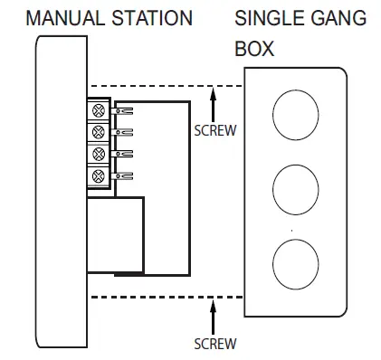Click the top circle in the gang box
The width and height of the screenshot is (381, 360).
296,113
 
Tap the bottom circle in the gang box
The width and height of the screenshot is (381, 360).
296,261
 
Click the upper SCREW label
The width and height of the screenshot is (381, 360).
215,129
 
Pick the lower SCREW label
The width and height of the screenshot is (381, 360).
215,344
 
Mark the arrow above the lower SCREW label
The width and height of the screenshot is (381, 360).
214,316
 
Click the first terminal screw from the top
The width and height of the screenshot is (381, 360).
99,111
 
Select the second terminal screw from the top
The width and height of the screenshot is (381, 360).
99,132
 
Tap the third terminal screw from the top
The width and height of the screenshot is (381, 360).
99,153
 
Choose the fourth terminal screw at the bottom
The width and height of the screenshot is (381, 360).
99,174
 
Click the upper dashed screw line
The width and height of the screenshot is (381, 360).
163,87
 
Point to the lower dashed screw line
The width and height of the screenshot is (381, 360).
163,298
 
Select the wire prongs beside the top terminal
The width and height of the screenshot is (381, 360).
124,111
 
